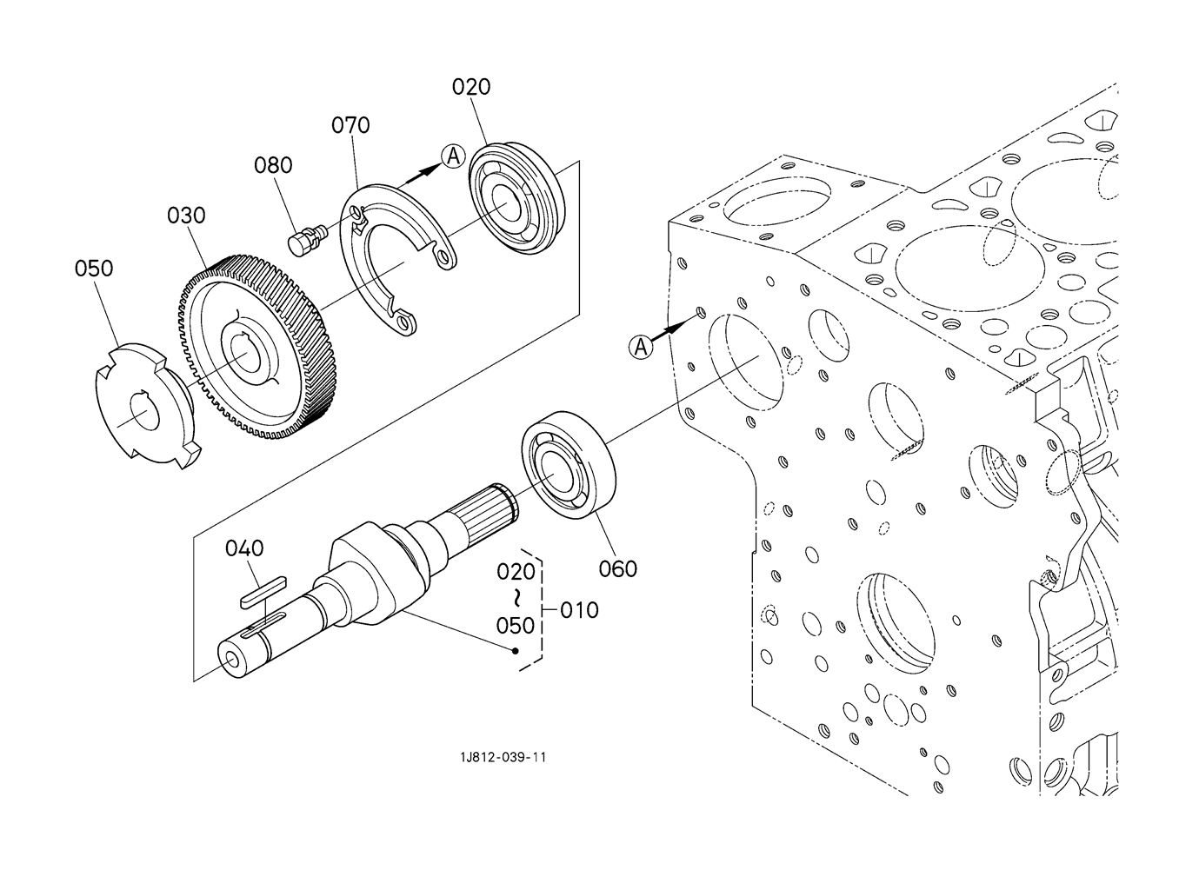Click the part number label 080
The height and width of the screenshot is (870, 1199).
273,165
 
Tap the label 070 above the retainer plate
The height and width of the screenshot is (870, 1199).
350,125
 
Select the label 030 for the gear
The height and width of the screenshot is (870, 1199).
186,216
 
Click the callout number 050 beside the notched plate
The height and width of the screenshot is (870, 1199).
94,268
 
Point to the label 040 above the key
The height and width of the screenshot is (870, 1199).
244,548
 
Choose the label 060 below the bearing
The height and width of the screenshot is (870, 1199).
617,569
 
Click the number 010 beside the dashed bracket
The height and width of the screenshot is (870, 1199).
579,610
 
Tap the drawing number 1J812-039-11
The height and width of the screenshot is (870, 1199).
503,757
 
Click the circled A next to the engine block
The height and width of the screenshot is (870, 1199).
641,348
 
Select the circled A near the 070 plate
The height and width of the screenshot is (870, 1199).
453,156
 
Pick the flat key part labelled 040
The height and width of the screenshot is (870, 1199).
263,593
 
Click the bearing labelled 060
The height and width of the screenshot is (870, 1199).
569,466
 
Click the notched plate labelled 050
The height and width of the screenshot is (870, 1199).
147,406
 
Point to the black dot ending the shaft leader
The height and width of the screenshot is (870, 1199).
516,651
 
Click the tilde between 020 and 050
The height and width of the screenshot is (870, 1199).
517,598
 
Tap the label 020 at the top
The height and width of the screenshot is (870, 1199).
471,87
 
